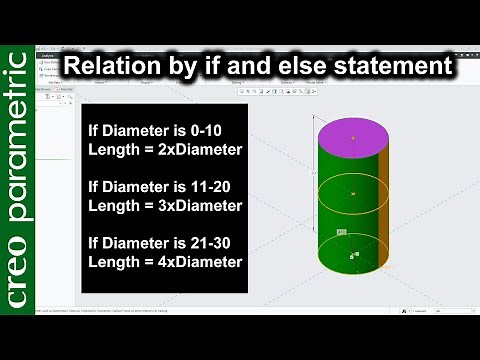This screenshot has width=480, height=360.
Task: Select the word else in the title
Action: pos(305,67)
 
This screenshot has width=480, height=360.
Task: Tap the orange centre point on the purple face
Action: pos(353,136)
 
